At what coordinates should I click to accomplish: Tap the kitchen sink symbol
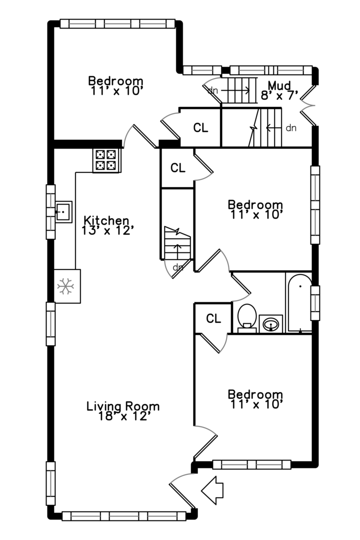(63, 211)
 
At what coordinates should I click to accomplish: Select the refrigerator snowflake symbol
(65, 286)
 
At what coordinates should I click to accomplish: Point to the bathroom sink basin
(271, 324)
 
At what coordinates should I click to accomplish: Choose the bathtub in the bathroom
(299, 303)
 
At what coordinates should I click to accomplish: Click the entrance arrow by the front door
(212, 490)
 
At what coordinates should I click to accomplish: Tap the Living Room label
(123, 406)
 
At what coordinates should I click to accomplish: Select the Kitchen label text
(106, 220)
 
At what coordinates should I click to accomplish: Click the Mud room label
(279, 84)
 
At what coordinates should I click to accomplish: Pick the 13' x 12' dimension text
(107, 230)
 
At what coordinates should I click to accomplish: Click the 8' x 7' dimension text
(279, 95)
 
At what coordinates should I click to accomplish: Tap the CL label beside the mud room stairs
(200, 128)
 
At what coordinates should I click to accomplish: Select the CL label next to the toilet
(213, 318)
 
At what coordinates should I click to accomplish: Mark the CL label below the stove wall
(178, 168)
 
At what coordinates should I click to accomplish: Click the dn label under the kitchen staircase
(177, 267)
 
